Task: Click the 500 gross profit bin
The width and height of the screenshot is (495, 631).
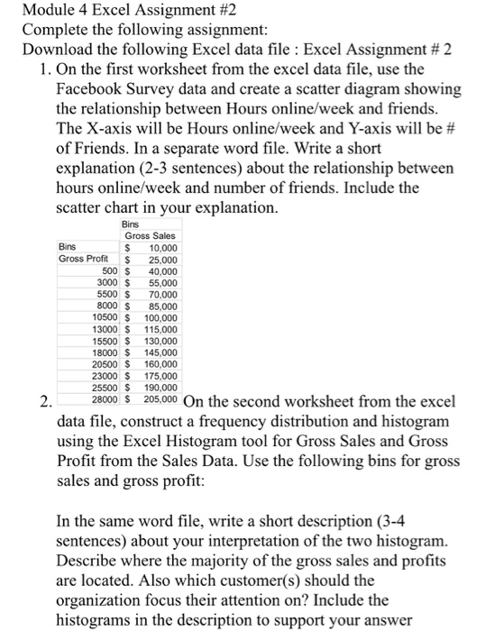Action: pos(110,270)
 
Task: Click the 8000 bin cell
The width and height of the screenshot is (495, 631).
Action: pos(107,306)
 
